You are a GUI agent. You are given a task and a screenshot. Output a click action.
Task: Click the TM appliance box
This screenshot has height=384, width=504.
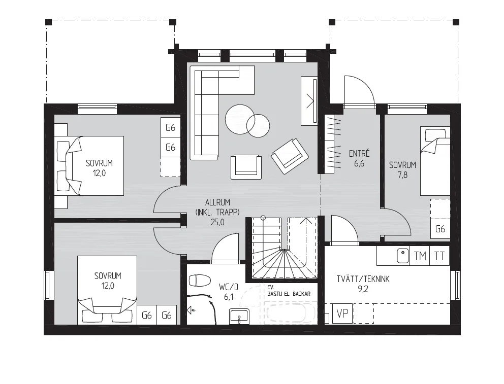pos(420,256)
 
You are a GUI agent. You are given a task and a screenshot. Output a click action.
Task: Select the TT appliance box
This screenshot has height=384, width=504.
pos(439,256)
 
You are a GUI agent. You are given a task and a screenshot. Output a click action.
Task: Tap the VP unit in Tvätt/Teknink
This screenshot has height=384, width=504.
pos(342,313)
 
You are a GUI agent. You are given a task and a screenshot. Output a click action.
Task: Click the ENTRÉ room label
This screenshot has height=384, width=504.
pos(359,154)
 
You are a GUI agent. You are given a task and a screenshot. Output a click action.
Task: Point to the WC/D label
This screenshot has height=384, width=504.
pos(229,287)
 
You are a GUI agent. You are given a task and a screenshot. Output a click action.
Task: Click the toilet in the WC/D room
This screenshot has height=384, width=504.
pos(199,281)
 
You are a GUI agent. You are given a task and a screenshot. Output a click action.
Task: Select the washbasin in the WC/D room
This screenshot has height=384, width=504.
pos(239,317)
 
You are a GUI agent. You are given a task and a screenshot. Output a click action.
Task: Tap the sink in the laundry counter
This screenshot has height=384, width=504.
pos(402,256)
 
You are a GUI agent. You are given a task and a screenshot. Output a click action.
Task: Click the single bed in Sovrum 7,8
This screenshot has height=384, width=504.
pos(435,161)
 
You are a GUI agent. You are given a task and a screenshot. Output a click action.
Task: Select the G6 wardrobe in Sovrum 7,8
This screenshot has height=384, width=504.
pos(440,229)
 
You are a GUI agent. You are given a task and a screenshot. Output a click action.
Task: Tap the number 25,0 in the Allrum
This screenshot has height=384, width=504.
pos(217,222)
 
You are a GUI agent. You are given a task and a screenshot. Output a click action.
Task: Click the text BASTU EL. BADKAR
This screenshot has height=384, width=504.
pos(289,294)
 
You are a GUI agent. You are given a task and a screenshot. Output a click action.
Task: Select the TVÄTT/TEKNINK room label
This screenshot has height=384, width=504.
pos(363,279)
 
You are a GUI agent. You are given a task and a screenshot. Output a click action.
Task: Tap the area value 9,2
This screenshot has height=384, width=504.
pos(363,289)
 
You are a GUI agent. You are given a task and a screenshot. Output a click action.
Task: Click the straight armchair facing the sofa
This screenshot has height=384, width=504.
pos(246,167)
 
